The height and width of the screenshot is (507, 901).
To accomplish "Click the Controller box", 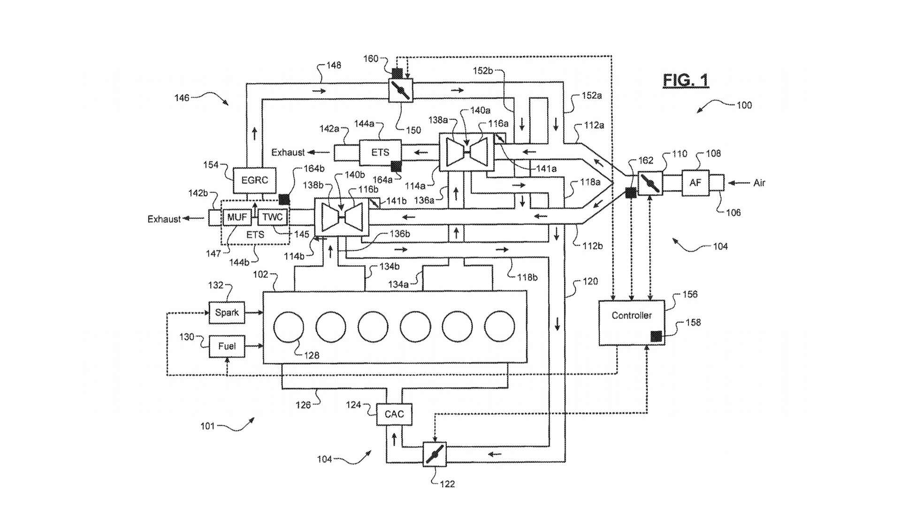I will [632, 323].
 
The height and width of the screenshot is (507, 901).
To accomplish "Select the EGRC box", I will [254, 180].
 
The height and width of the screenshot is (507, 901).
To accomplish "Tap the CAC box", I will [394, 414].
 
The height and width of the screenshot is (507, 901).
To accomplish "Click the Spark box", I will [227, 313].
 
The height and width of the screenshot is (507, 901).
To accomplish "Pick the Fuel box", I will [227, 346].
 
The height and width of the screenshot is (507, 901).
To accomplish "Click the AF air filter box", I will [695, 183].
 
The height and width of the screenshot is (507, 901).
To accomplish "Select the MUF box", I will [237, 217].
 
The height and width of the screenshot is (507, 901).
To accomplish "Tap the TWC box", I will [272, 217].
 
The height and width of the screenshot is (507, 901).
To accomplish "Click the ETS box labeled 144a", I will [380, 153].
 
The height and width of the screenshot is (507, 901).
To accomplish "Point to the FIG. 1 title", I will [686, 80].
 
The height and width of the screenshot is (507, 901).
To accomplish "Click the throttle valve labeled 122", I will [434, 454].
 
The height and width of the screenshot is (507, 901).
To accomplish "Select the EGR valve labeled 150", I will [401, 89].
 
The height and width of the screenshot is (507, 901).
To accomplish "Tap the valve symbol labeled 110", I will [650, 183].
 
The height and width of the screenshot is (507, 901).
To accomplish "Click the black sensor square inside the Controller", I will [656, 336].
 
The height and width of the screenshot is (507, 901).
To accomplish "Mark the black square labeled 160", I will [397, 73].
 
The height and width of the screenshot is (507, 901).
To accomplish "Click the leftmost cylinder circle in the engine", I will [289, 327].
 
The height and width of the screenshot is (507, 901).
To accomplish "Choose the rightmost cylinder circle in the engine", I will [500, 327].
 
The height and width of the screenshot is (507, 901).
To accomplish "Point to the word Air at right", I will [759, 183].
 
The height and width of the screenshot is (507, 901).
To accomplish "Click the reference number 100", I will [744, 105].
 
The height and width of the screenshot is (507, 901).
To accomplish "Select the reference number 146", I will [182, 98].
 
